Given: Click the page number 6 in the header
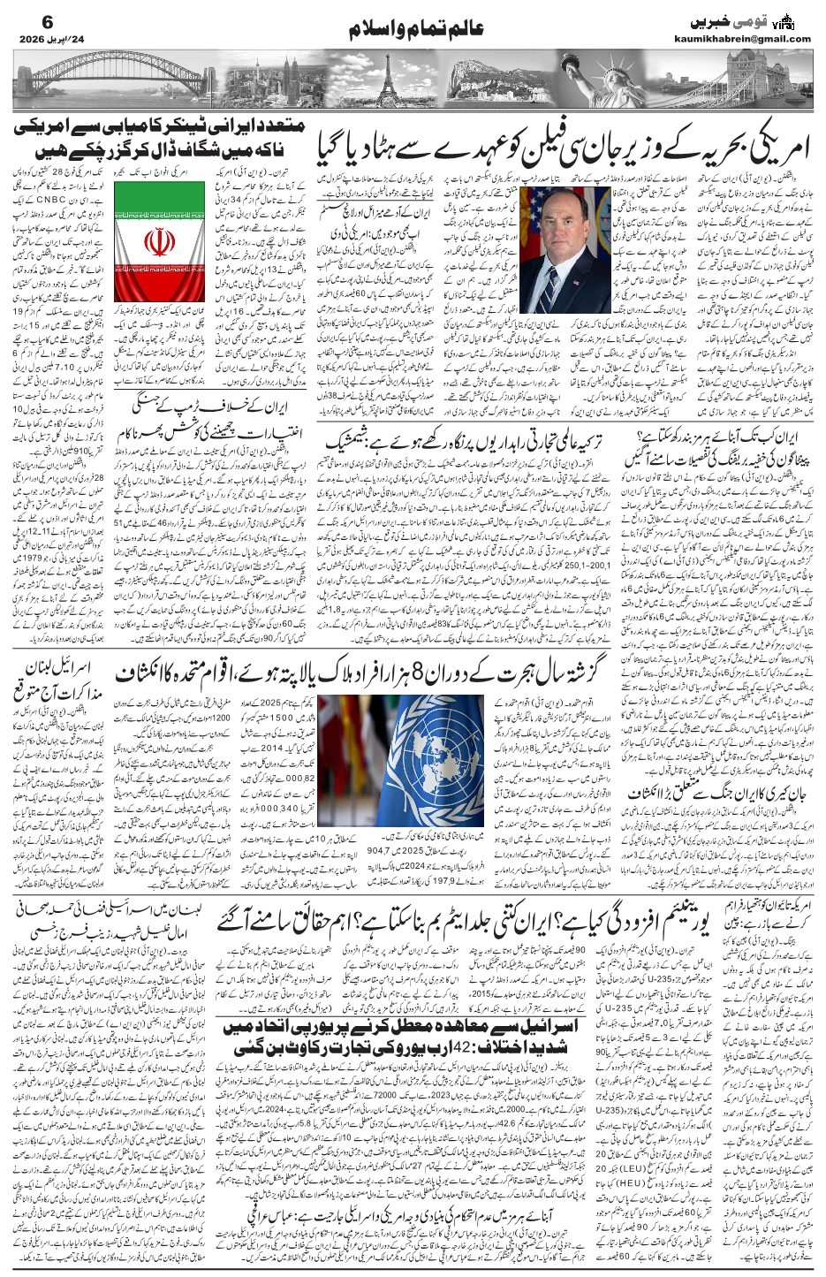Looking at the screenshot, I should coord(23,18).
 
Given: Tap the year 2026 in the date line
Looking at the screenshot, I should coord(32,40).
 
